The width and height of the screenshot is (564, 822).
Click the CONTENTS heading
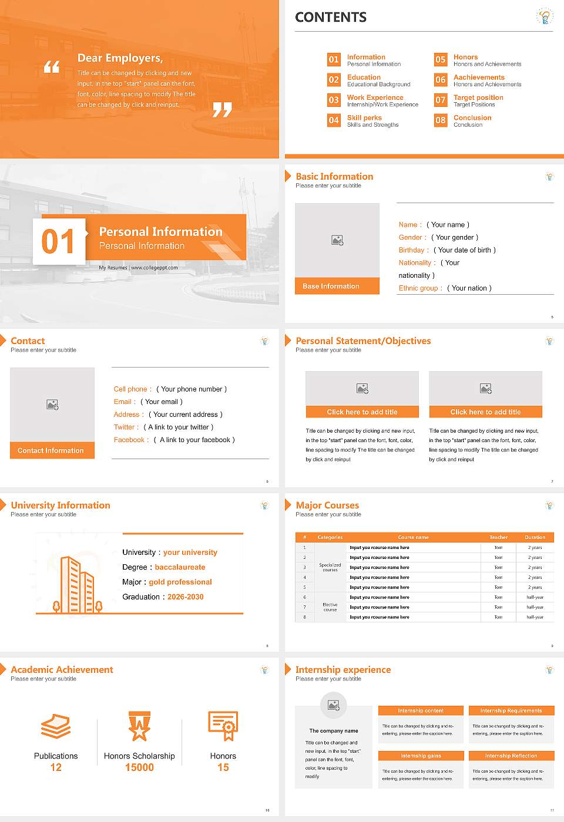click(330, 18)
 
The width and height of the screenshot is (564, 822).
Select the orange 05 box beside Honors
click(440, 59)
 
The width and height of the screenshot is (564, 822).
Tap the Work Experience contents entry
click(375, 97)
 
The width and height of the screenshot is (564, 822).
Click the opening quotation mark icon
click(52, 67)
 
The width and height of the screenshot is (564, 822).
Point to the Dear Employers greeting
click(120, 58)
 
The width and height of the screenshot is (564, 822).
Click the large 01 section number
click(58, 241)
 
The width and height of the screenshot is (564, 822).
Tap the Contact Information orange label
click(52, 450)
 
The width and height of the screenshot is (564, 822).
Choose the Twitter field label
click(126, 427)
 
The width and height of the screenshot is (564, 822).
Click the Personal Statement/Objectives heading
click(363, 341)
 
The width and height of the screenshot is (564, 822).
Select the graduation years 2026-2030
click(185, 597)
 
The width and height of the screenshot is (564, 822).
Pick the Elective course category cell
click(330, 607)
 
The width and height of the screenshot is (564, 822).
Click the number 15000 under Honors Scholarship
click(139, 767)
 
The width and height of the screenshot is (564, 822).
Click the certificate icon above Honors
click(223, 725)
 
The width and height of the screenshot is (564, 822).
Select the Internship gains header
click(421, 756)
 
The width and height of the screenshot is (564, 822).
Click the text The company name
click(334, 731)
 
